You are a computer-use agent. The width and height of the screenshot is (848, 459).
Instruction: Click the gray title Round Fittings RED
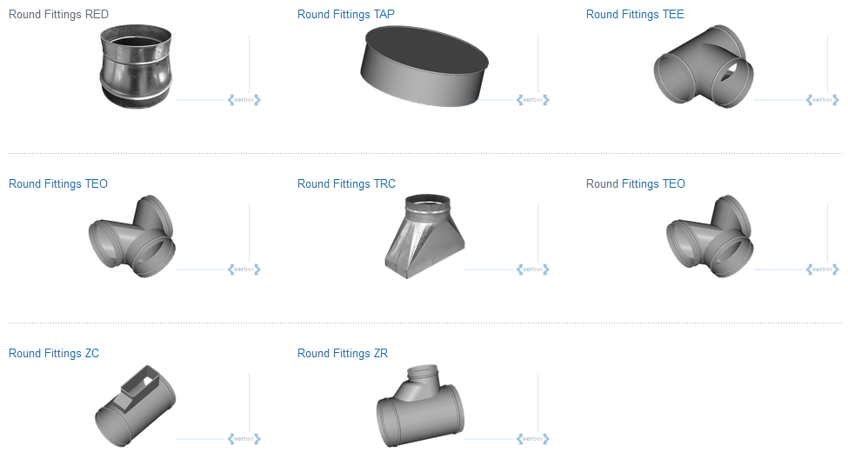click(58, 15)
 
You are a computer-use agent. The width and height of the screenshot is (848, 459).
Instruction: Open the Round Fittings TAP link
click(346, 15)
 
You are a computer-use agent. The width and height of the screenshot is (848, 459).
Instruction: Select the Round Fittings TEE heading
click(635, 15)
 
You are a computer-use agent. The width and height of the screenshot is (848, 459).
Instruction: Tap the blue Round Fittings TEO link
click(58, 183)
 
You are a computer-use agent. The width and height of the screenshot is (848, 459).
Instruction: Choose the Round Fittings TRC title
click(346, 183)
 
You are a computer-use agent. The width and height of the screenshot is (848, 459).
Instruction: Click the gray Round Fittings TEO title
click(636, 183)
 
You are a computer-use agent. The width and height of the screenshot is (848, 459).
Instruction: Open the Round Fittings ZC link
click(54, 354)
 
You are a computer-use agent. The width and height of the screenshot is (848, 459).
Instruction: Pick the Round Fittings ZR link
click(343, 354)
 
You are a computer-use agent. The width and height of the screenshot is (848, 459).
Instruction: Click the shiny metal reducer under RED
click(136, 66)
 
